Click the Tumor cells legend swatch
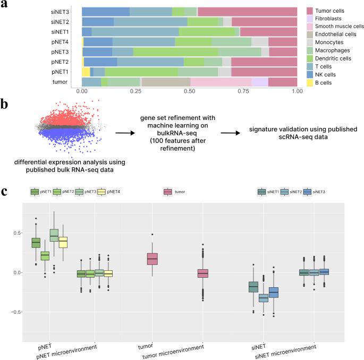pos(312,11)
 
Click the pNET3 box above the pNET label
pos(54,234)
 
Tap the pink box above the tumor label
pos(153,259)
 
